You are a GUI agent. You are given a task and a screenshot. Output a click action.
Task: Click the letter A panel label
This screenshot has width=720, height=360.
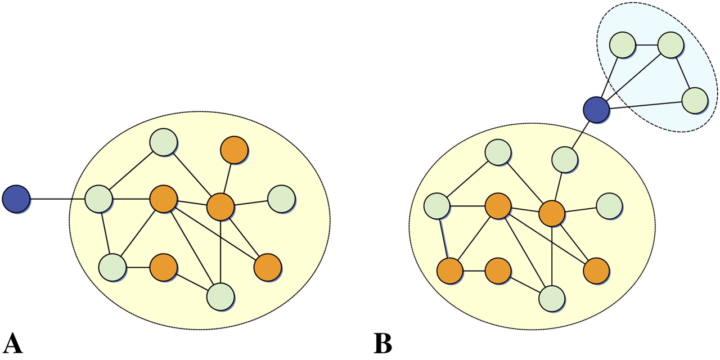(x=13, y=343)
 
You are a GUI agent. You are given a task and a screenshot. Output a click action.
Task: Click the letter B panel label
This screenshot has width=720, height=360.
(x=382, y=343)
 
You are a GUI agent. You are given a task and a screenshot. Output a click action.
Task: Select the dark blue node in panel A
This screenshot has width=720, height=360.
(x=16, y=199)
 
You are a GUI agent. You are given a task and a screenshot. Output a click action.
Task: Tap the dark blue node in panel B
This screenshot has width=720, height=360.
(x=596, y=109)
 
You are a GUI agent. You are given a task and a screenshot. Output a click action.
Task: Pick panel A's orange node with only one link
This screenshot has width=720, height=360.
(x=235, y=149)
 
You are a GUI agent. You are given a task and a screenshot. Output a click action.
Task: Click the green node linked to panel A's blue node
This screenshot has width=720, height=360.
(x=99, y=199)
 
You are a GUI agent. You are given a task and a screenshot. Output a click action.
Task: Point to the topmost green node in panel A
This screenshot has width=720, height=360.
(x=164, y=143)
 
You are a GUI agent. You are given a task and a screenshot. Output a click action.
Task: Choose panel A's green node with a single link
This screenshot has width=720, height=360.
(x=281, y=199)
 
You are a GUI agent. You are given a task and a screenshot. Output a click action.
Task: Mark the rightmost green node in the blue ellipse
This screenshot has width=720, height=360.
(x=695, y=101)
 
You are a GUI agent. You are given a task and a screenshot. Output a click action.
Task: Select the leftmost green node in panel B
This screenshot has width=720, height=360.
(x=437, y=206)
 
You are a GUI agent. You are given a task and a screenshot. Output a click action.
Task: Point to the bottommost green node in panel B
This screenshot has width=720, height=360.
(x=552, y=298)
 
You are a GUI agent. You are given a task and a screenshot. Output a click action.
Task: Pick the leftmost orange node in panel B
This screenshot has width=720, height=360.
(x=450, y=271)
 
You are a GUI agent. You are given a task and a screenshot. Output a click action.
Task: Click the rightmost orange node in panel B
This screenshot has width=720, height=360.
(x=596, y=271)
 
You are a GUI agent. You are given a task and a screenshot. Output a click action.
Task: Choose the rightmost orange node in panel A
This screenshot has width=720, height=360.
(x=268, y=268)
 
